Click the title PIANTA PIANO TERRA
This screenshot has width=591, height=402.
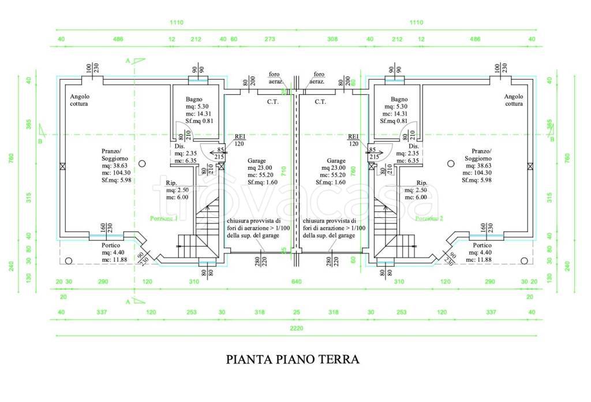[293, 359]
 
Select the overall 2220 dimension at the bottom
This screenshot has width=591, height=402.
[295, 328]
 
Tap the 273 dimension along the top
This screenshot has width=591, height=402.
[269, 39]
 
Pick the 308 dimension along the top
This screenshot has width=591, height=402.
[332, 39]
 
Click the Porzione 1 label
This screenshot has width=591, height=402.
[163, 219]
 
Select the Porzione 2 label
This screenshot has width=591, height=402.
[428, 219]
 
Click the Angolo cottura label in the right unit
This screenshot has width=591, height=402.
[513, 100]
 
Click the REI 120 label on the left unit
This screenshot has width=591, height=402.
[240, 140]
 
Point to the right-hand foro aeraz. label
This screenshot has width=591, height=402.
[318, 78]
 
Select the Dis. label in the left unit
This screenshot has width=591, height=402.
[179, 146]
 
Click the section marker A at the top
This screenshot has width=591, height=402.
[128, 59]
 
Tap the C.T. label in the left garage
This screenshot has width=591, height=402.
[272, 102]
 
